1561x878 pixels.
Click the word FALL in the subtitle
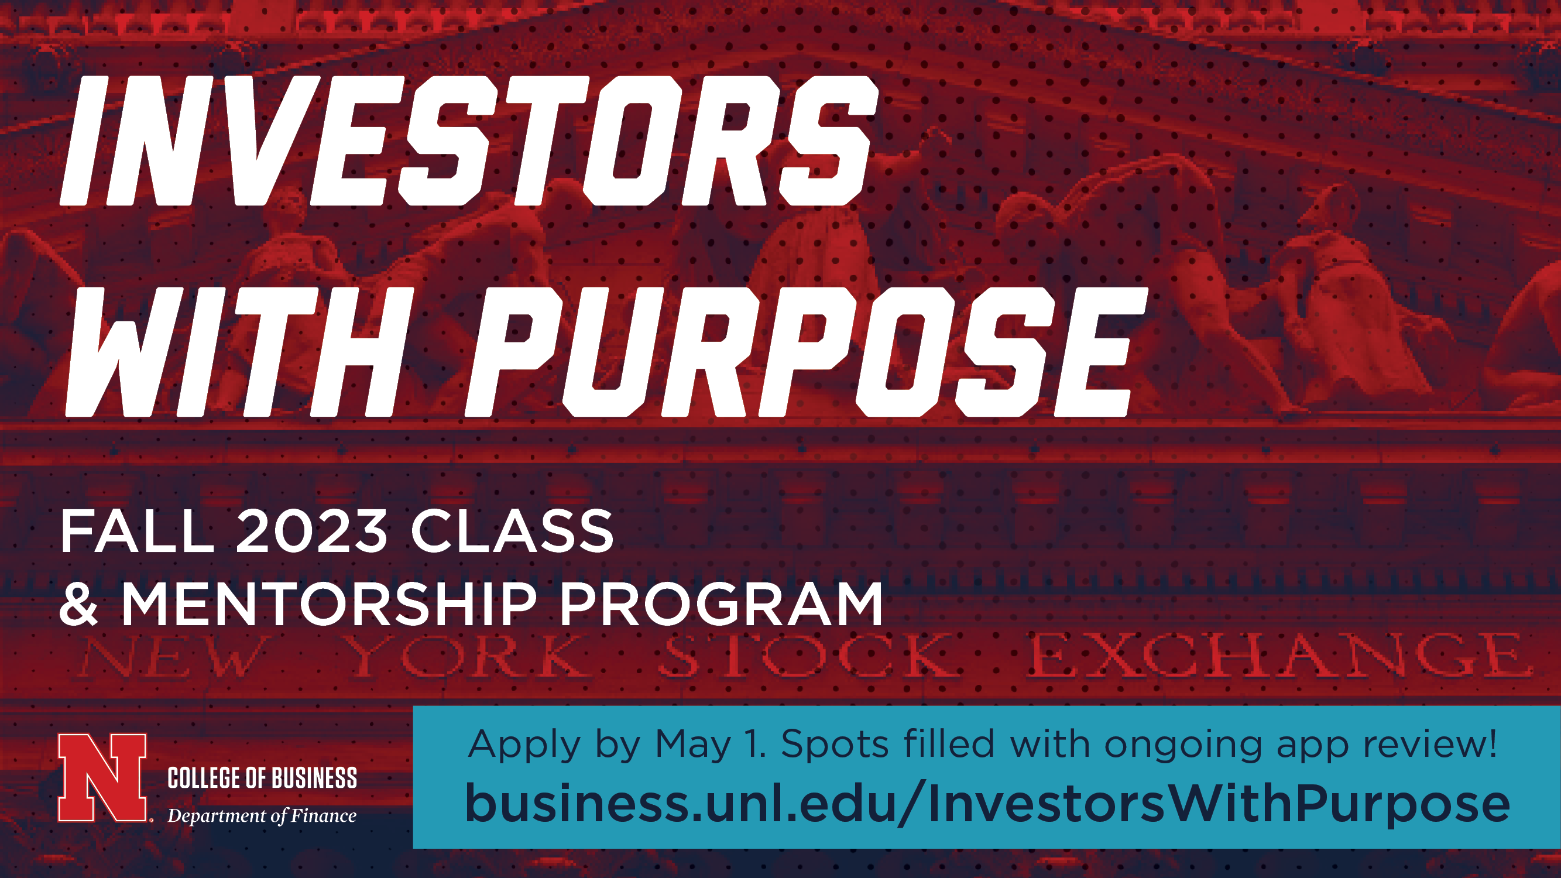(x=137, y=531)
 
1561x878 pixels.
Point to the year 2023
(x=311, y=531)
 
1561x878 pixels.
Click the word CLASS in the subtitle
(x=512, y=531)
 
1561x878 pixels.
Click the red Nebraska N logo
(x=102, y=777)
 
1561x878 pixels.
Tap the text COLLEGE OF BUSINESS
(x=262, y=778)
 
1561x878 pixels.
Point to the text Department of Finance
(x=262, y=816)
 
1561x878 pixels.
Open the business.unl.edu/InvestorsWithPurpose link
(x=987, y=803)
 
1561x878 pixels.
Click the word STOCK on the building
(x=808, y=655)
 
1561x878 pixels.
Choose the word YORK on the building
(x=469, y=656)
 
